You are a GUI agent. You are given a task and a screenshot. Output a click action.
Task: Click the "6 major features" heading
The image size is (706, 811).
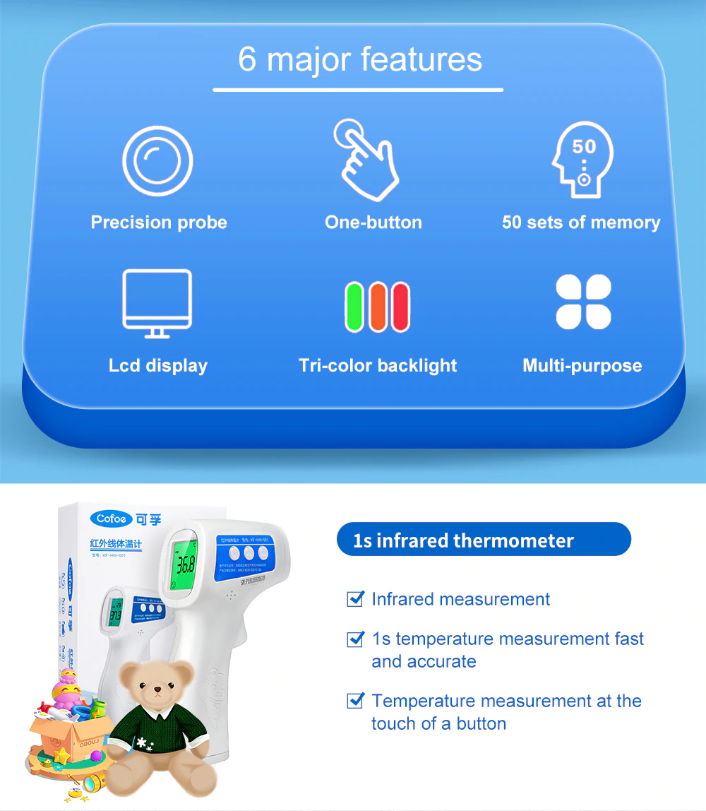point(360,59)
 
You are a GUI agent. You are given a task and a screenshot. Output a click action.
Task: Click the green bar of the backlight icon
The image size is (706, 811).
point(354,307)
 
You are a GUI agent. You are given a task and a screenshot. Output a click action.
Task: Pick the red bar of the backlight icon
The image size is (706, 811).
point(400,307)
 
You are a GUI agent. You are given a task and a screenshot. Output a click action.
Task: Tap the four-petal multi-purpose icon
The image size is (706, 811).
point(583,302)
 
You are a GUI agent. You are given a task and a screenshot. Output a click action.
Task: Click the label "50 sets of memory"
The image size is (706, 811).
point(581,223)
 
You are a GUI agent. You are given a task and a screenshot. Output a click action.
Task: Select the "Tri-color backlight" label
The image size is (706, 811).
point(378,366)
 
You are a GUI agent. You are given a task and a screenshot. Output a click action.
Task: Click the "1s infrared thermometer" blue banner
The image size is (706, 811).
point(484,541)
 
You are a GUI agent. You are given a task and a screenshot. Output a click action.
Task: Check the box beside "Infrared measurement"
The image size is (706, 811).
point(356,600)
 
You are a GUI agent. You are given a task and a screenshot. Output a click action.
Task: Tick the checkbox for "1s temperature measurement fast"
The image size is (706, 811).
point(356,639)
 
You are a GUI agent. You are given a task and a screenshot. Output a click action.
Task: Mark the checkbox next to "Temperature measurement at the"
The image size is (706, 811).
point(356,702)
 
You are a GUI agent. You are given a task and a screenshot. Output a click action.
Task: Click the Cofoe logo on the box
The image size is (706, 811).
point(112,519)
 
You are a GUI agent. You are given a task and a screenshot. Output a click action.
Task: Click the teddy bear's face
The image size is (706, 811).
point(156,685)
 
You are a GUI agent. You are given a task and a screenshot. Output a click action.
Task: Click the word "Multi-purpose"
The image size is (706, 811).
point(582,366)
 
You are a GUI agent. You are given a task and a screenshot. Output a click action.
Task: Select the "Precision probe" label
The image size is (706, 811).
point(159,223)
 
